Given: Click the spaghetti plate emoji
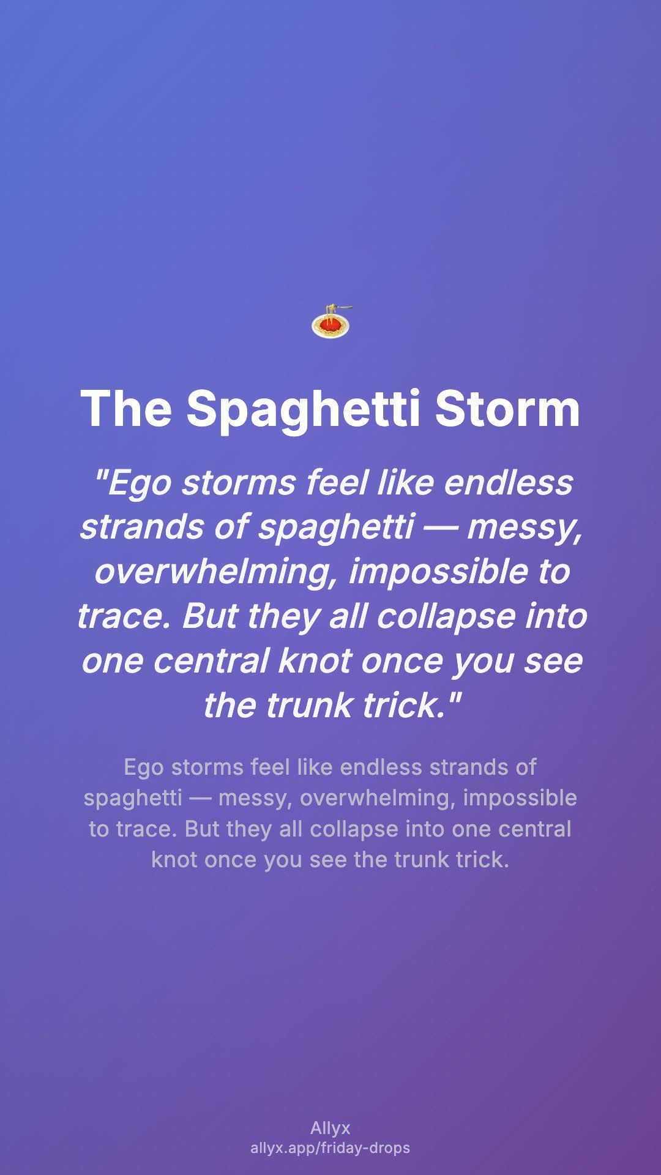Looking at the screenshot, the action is (x=330, y=321).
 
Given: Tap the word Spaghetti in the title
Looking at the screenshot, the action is (x=304, y=409).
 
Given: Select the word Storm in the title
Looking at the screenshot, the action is (x=507, y=408).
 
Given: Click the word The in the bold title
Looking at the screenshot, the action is (x=126, y=408).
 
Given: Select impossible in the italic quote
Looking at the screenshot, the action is (x=437, y=572).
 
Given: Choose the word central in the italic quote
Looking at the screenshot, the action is (x=211, y=661).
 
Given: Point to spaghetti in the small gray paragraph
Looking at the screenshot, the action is (x=133, y=799).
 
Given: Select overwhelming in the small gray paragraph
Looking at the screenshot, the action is (x=378, y=799).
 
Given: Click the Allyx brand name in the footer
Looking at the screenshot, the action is (x=330, y=1128).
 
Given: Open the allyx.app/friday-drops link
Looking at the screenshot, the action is (x=330, y=1148).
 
